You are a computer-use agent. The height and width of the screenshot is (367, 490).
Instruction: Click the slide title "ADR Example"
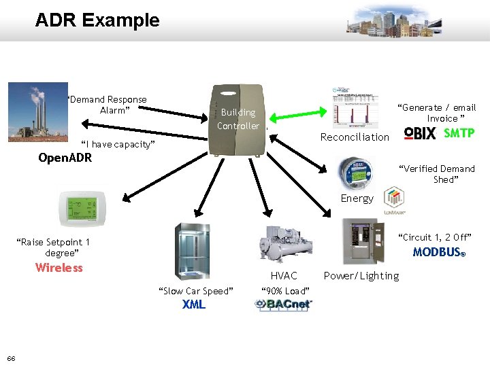pos(97,20)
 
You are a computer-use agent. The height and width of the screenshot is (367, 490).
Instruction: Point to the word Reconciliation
pos(355,137)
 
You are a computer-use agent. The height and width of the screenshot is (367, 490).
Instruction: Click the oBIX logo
pos(420,133)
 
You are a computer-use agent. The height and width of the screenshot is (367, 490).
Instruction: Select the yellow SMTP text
pos(459,133)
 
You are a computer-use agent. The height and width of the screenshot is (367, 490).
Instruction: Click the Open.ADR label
pos(65,158)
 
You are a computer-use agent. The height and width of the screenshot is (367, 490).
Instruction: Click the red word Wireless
pos(59,268)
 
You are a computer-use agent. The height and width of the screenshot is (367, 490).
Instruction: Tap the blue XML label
pos(194,304)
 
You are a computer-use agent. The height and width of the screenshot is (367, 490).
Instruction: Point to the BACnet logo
pos(283,304)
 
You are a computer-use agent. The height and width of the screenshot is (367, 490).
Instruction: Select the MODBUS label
pos(439,253)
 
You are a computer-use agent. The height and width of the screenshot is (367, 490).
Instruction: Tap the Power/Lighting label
pos(361,276)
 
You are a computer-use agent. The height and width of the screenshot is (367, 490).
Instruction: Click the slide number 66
pos(12,358)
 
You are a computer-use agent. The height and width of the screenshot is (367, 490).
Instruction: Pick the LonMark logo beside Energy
pos(394,200)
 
